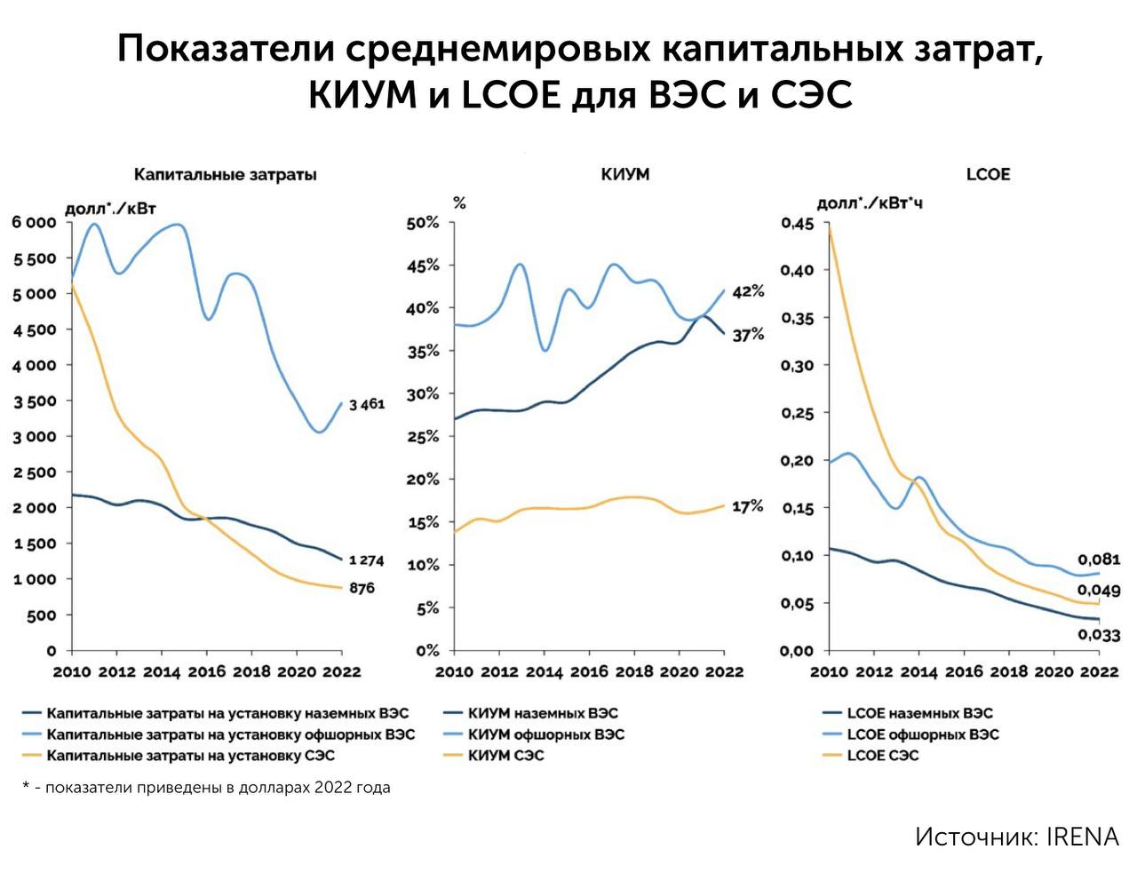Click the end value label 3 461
click(367, 405)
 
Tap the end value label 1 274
click(366, 560)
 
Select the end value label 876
click(362, 588)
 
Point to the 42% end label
click(748, 291)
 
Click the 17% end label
click(748, 506)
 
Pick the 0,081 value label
click(1099, 560)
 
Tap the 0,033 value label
click(1099, 635)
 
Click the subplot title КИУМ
click(625, 174)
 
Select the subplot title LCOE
click(988, 174)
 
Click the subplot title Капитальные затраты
click(225, 174)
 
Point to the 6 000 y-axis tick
click(34, 222)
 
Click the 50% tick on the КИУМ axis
click(423, 223)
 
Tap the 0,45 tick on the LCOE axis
click(797, 223)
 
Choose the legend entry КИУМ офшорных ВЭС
click(545, 734)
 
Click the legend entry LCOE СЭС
click(882, 756)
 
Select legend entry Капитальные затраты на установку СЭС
click(190, 756)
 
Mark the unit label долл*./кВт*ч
click(870, 203)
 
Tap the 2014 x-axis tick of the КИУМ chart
click(544, 672)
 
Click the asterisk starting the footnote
click(26, 787)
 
